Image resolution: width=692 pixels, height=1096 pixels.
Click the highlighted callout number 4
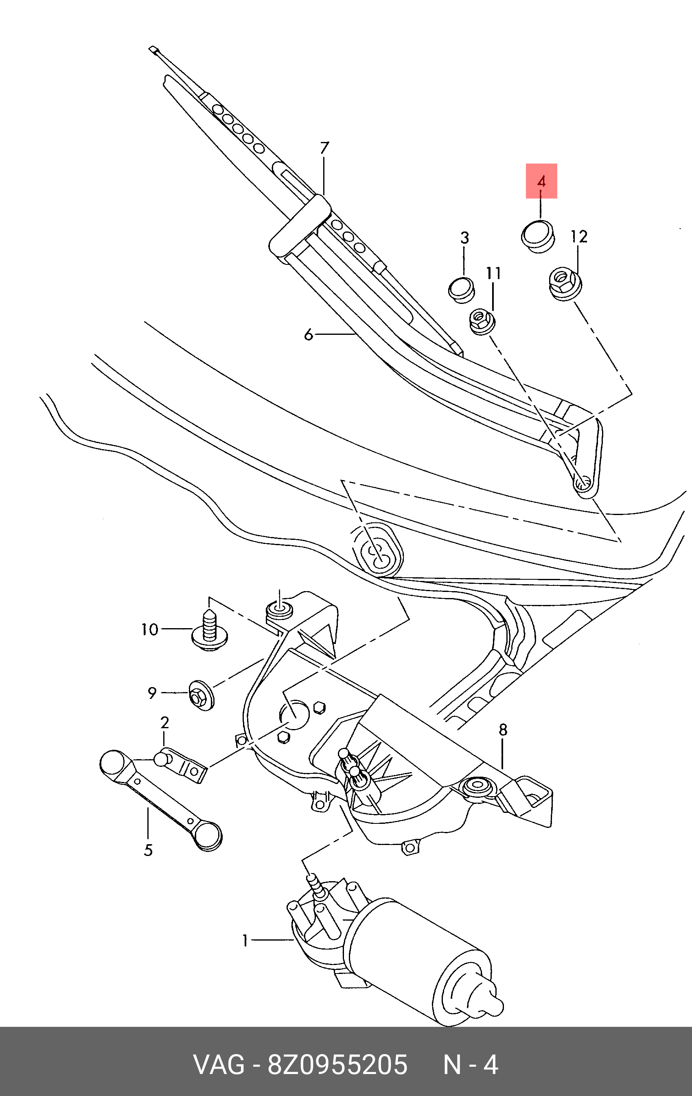click(541, 181)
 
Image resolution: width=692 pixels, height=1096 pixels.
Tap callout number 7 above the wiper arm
click(324, 148)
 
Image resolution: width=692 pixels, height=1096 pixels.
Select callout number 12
click(579, 237)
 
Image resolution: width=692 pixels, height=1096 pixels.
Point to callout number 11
click(493, 273)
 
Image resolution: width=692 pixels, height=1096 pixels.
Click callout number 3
click(464, 238)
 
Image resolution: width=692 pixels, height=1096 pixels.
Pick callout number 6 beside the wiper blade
click(309, 335)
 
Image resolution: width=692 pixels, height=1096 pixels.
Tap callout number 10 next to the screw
click(150, 629)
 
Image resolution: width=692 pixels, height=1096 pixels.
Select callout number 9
click(152, 693)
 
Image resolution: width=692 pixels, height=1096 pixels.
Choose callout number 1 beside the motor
click(245, 940)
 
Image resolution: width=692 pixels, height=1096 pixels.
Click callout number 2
click(164, 723)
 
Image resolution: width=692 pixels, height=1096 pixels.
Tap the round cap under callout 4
click(538, 237)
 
